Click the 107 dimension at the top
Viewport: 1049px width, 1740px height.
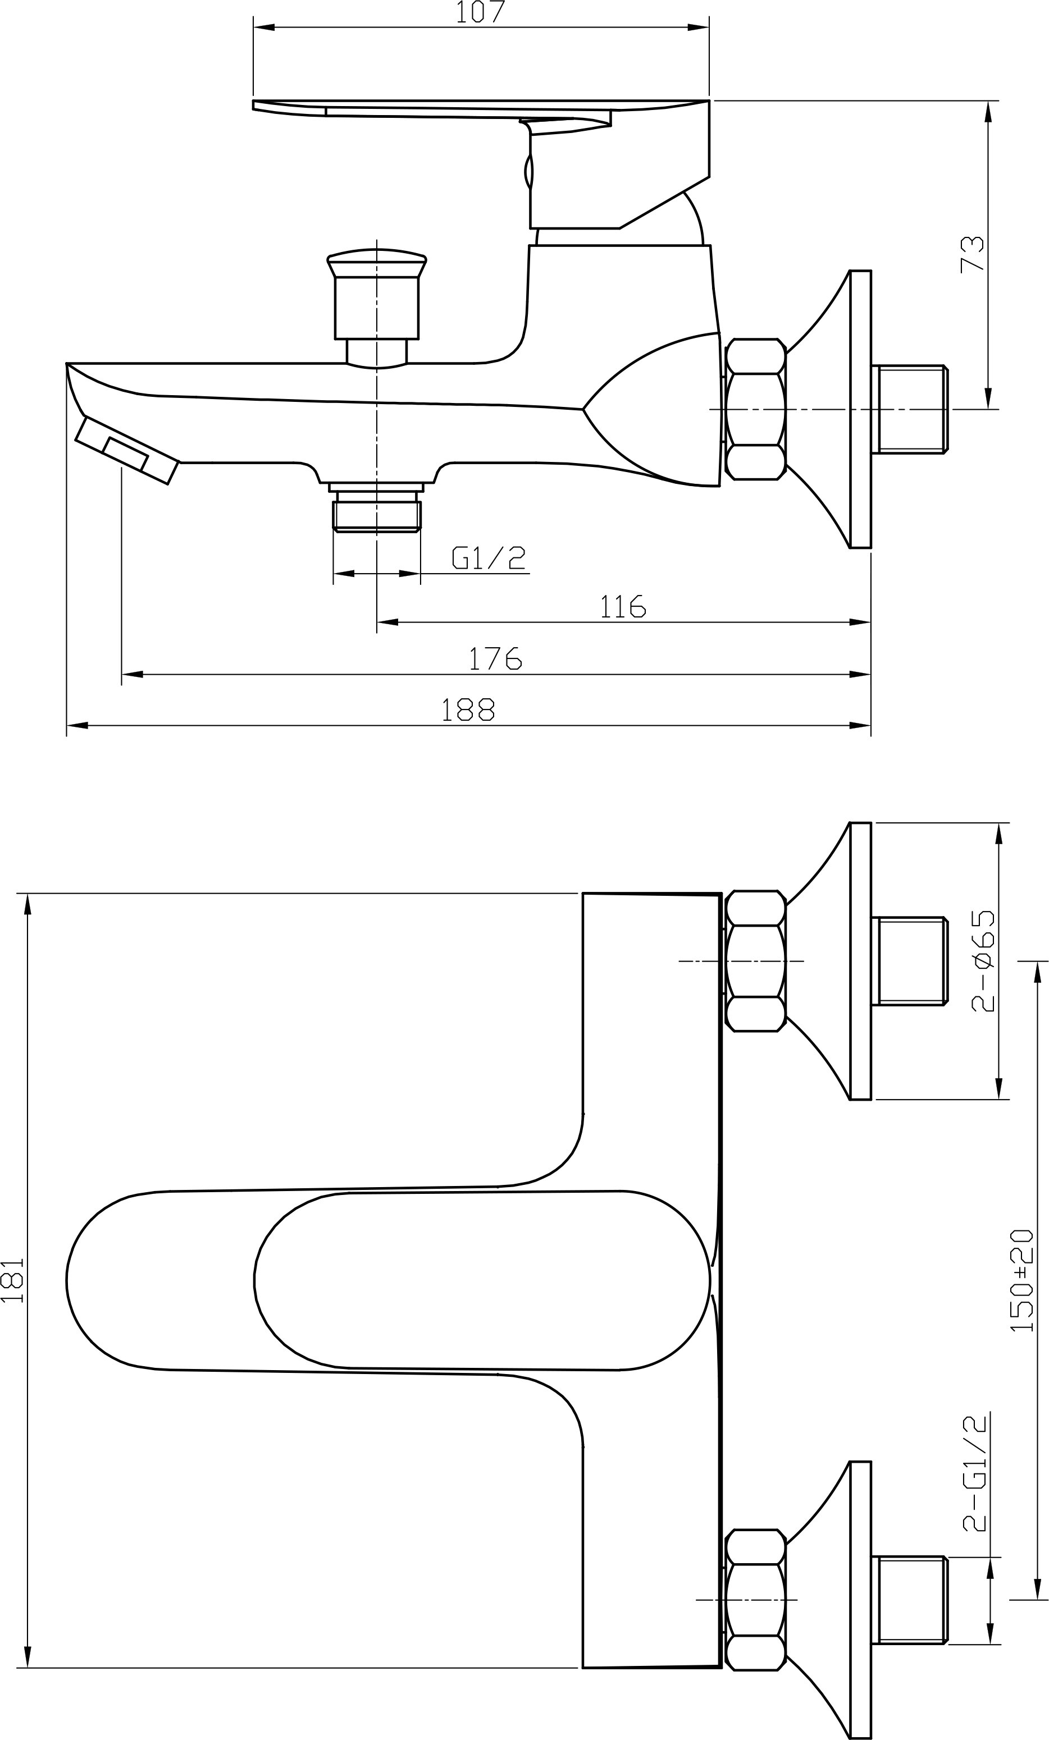(480, 13)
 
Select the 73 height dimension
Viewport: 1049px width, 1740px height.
(972, 254)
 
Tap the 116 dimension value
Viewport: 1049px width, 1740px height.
(623, 607)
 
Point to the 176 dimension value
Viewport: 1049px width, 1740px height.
(496, 659)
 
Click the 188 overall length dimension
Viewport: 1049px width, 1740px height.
(468, 709)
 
